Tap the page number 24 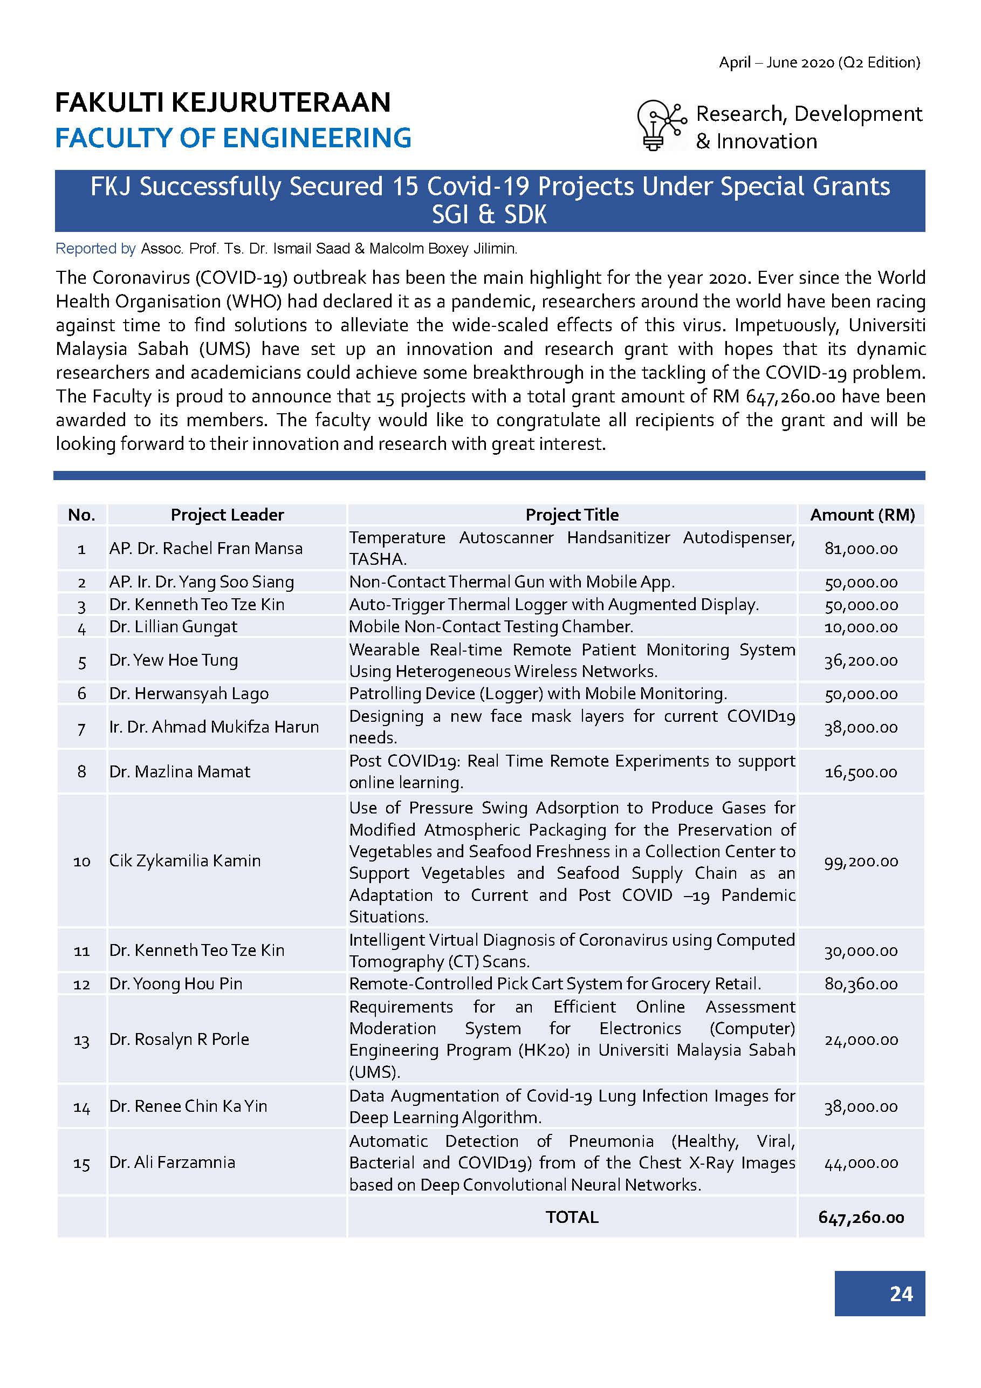coord(901,1293)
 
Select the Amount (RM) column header coord(862,515)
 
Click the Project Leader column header coord(227,515)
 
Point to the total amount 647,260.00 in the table coord(861,1217)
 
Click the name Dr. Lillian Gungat coord(173,626)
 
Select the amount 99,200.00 coord(861,861)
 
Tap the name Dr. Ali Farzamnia coord(171,1162)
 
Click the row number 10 coord(81,861)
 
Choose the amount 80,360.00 coord(861,983)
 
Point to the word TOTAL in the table coord(572,1217)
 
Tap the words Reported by coord(95,249)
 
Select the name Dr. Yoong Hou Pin coord(175,983)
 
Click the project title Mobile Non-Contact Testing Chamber coord(491,626)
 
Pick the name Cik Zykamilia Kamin coord(184,861)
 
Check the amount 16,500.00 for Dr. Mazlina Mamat coord(861,772)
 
